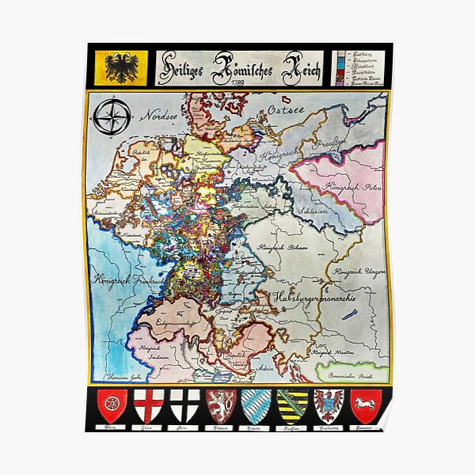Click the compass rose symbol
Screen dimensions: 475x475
(x=112, y=118)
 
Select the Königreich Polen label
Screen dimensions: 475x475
(x=336, y=185)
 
